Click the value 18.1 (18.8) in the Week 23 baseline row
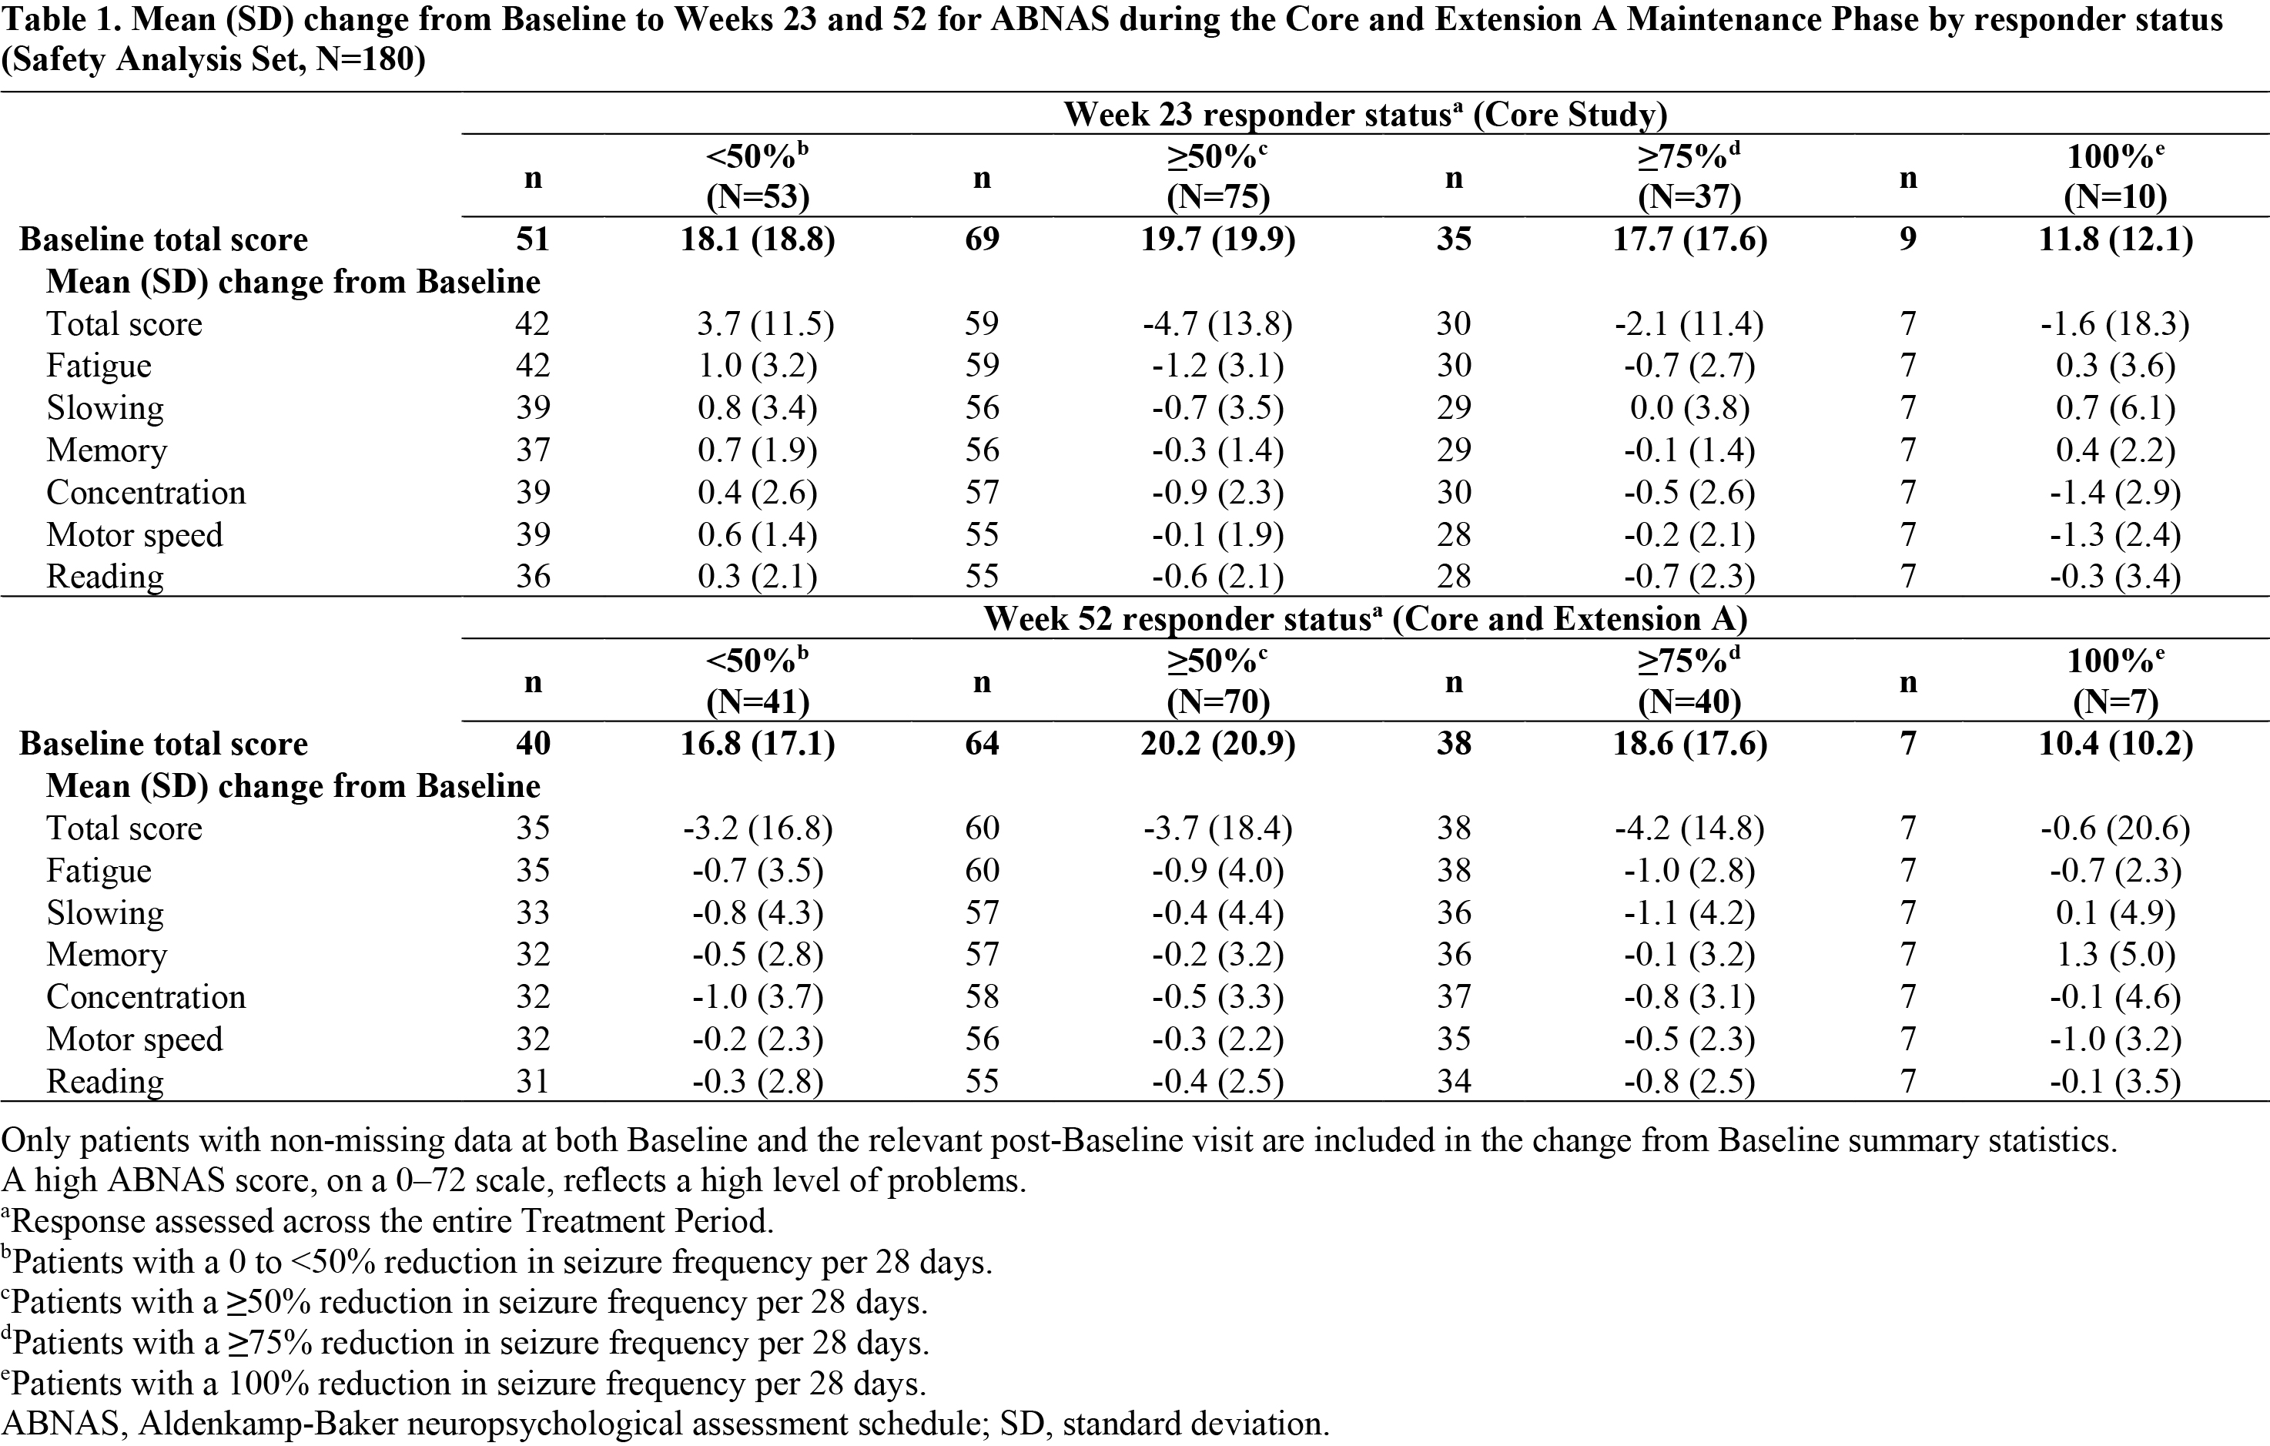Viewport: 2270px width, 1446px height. pyautogui.click(x=757, y=239)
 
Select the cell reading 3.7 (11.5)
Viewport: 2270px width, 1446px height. pyautogui.click(x=765, y=324)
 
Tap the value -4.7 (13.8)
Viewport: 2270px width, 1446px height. pyautogui.click(x=1217, y=324)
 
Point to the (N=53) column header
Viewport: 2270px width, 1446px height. pyautogui.click(x=757, y=196)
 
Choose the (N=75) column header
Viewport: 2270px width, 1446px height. pyautogui.click(x=1218, y=196)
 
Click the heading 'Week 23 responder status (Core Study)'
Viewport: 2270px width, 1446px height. pyautogui.click(x=1365, y=114)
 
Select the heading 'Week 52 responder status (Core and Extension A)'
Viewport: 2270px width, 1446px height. pyautogui.click(x=1365, y=619)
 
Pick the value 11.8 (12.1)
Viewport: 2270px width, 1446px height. pyautogui.click(x=2115, y=239)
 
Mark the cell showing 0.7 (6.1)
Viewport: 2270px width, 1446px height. pyautogui.click(x=2115, y=408)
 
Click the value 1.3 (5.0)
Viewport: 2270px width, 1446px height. pyautogui.click(x=2115, y=955)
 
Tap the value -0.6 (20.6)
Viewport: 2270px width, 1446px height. pyautogui.click(x=2115, y=828)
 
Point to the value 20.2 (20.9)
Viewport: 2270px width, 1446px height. pyautogui.click(x=1218, y=744)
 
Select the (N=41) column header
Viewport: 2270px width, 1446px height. pyautogui.click(x=757, y=701)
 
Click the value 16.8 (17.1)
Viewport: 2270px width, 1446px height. pyautogui.click(x=757, y=744)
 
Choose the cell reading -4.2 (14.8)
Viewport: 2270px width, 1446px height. pyautogui.click(x=1689, y=828)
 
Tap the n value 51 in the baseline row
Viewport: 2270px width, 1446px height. pyautogui.click(x=533, y=239)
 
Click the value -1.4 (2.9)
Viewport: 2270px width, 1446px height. pyautogui.click(x=2115, y=493)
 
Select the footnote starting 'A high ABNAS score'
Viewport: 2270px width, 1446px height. pyautogui.click(x=514, y=1181)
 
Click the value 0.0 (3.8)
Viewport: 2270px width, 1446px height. pyautogui.click(x=1689, y=408)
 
